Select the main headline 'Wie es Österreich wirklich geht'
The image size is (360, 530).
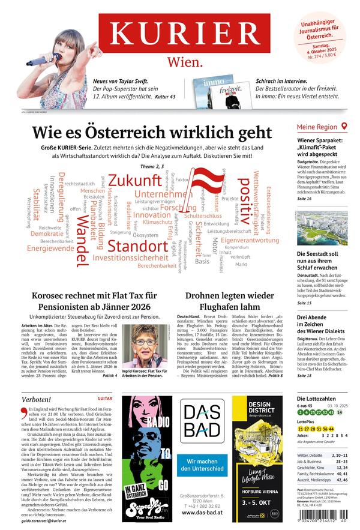click(x=152, y=132)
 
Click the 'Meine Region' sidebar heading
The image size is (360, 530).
click(x=317, y=127)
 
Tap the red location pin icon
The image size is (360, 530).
click(x=344, y=127)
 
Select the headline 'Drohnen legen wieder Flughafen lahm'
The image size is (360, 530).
click(x=229, y=303)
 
